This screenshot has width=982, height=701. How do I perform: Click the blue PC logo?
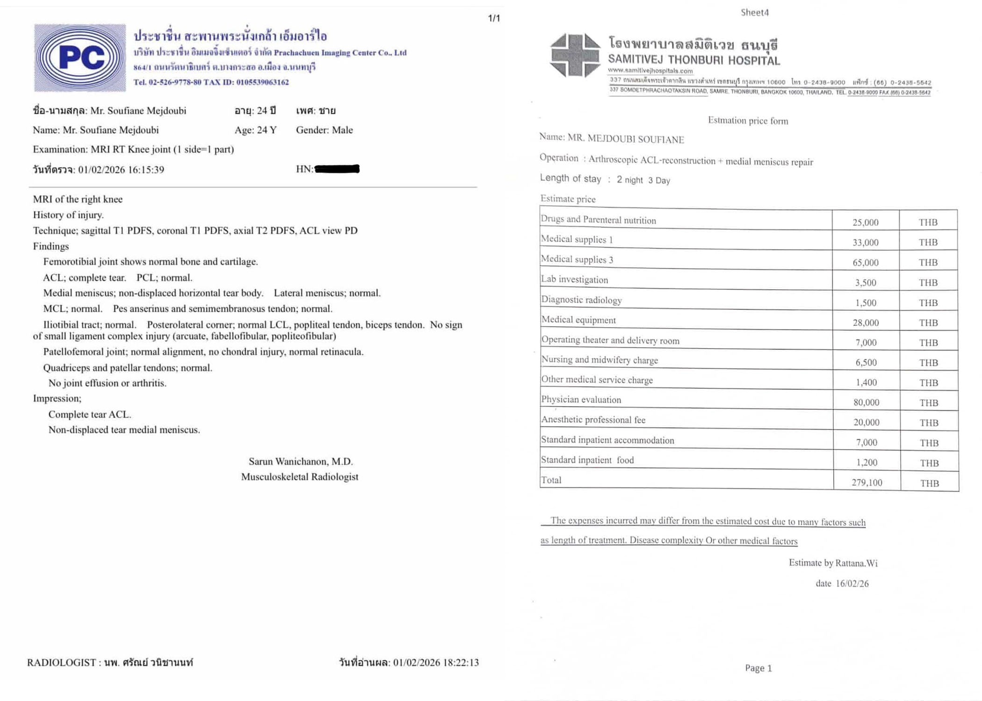(x=80, y=57)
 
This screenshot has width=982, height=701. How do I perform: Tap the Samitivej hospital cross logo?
(x=575, y=55)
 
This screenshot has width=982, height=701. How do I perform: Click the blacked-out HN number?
(x=337, y=169)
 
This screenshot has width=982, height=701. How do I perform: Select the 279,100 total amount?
(x=866, y=482)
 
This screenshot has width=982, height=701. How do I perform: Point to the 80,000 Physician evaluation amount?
(x=866, y=402)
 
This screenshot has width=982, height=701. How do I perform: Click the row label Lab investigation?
(x=574, y=279)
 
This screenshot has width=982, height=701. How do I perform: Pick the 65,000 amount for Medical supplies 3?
(x=865, y=262)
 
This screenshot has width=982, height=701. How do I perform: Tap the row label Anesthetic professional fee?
(x=593, y=420)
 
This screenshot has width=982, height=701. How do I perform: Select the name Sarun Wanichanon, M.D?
(x=301, y=461)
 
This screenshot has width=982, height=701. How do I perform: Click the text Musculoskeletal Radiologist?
(x=300, y=477)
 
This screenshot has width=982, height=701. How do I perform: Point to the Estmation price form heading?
(x=748, y=121)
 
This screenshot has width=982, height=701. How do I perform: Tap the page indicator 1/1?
(x=494, y=18)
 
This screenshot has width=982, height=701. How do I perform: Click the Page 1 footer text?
(x=758, y=668)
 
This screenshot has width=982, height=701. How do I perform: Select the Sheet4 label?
(x=754, y=13)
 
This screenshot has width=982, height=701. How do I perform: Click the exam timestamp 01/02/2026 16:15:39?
(x=121, y=170)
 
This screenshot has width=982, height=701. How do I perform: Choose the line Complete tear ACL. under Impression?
(x=90, y=414)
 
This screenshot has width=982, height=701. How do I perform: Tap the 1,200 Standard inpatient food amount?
(x=866, y=462)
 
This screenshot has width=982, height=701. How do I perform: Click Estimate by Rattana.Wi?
(x=833, y=563)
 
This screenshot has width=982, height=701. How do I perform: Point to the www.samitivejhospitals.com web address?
(x=650, y=71)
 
